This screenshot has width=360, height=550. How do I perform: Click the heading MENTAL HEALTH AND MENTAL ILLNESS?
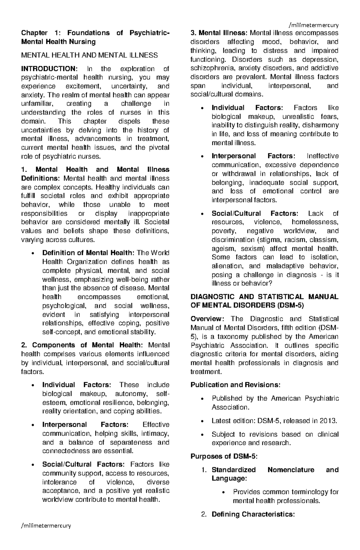click(89, 55)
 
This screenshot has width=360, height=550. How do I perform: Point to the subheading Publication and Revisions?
click(235, 385)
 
